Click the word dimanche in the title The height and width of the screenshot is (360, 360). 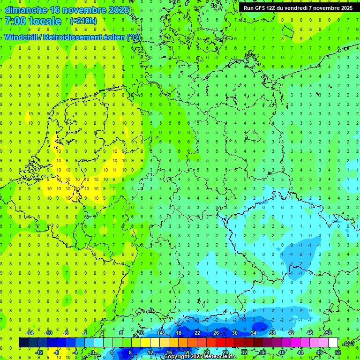pyautogui.click(x=26, y=10)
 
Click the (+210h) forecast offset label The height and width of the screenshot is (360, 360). pyautogui.click(x=83, y=21)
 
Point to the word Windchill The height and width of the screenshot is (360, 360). pyautogui.click(x=22, y=37)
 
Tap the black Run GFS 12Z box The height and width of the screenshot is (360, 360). pyautogui.click(x=298, y=8)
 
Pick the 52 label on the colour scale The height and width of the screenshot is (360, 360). pyautogui.click(x=338, y=352)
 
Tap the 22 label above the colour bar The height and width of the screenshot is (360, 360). pyautogui.click(x=197, y=333)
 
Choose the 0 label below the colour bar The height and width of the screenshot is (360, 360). pyautogui.click(x=93, y=352)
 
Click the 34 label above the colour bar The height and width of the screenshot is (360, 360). pyautogui.click(x=254, y=333)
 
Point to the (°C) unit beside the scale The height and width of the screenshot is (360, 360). pyautogui.click(x=348, y=343)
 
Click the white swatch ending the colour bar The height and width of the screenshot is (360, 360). pyautogui.click(x=333, y=343)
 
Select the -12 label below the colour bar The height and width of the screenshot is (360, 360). pyautogui.click(x=39, y=352)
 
